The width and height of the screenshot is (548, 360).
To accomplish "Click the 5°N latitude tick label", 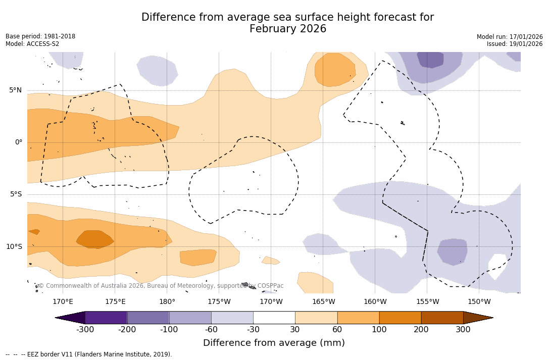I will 15,90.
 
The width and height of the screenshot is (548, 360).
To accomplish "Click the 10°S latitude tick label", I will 14,247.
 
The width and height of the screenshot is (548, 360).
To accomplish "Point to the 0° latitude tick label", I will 18,142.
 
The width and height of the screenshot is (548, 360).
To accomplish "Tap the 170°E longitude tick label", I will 63,302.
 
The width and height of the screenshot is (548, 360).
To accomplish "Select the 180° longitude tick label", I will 167,302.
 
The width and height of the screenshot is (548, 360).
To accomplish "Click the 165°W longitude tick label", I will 323,302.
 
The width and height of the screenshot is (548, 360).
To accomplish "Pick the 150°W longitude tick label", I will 479,302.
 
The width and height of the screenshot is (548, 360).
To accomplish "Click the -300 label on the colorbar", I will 85,330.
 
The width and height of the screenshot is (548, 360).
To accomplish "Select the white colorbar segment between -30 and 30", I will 274,318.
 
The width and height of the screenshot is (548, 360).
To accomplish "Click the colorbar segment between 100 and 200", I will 400,318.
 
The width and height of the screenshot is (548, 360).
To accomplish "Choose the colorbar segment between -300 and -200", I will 106,318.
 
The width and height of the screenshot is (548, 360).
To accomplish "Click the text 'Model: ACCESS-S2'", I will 32,44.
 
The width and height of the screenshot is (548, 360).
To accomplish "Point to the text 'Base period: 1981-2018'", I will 40,36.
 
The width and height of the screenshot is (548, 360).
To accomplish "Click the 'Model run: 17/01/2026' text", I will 510,37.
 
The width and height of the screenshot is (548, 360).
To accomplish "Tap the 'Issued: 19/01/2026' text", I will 515,44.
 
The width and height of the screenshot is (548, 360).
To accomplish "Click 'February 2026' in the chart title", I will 288,29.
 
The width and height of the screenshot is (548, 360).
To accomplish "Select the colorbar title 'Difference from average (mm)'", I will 274,343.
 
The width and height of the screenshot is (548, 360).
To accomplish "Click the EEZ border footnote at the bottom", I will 88,354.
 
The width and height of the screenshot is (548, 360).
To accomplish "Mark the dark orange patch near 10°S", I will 95,239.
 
